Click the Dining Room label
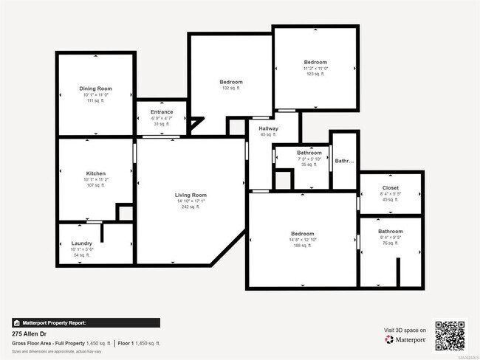tap(96, 89)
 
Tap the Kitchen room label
tap(96, 173)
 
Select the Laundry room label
tap(82, 243)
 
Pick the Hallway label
tap(267, 128)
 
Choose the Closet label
tap(390, 188)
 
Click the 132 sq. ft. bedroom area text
tap(230, 88)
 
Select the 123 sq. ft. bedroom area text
tap(315, 75)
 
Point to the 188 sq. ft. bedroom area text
tap(303, 246)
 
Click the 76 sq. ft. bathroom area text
tap(390, 244)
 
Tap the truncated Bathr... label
tap(344, 161)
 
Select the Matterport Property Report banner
tap(86, 322)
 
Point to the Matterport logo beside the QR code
tap(405, 339)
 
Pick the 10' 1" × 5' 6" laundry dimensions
tap(82, 249)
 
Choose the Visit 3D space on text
tap(405, 330)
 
